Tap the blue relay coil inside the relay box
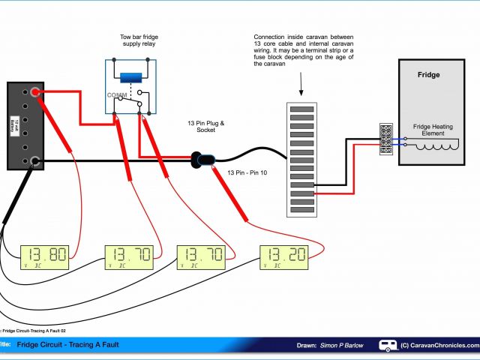click(x=131, y=76)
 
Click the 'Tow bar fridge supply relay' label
click(x=139, y=40)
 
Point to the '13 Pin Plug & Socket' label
click(x=205, y=126)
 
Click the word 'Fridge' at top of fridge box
click(x=428, y=75)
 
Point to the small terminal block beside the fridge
click(x=386, y=139)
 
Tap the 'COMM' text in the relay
click(x=117, y=95)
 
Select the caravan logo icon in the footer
click(x=388, y=345)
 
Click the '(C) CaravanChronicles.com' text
click(x=439, y=345)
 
